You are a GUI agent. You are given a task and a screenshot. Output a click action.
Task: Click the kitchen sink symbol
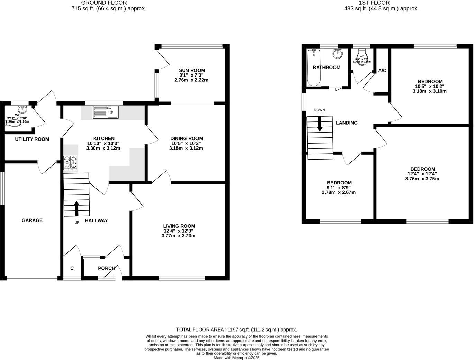[x=106, y=112]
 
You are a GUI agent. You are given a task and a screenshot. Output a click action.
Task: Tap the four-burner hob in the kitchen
[x=70, y=163]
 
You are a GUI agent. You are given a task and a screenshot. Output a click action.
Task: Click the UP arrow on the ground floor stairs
[x=76, y=208]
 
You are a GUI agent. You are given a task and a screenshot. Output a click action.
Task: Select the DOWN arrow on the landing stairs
[x=320, y=124]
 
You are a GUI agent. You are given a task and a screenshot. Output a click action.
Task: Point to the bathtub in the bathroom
[x=314, y=68]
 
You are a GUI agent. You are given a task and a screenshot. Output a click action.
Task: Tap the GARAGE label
[x=32, y=220]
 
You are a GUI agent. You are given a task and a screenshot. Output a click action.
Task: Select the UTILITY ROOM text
[x=32, y=139]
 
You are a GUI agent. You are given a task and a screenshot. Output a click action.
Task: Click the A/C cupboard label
[x=382, y=71]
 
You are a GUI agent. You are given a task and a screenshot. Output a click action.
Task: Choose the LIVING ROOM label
[x=179, y=226]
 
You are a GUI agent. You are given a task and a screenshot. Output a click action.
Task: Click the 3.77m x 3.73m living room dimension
[x=178, y=236]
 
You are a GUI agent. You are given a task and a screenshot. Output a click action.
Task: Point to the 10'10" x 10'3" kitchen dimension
[x=101, y=143]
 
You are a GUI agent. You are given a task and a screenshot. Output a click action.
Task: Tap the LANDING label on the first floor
[x=347, y=123]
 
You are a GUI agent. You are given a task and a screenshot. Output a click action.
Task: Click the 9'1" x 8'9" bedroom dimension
[x=339, y=188]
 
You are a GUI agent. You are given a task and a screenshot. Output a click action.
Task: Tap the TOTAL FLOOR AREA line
[x=237, y=330]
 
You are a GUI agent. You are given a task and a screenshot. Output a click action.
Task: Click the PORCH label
[x=107, y=268]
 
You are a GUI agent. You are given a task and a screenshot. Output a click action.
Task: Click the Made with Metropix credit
[x=237, y=358]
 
